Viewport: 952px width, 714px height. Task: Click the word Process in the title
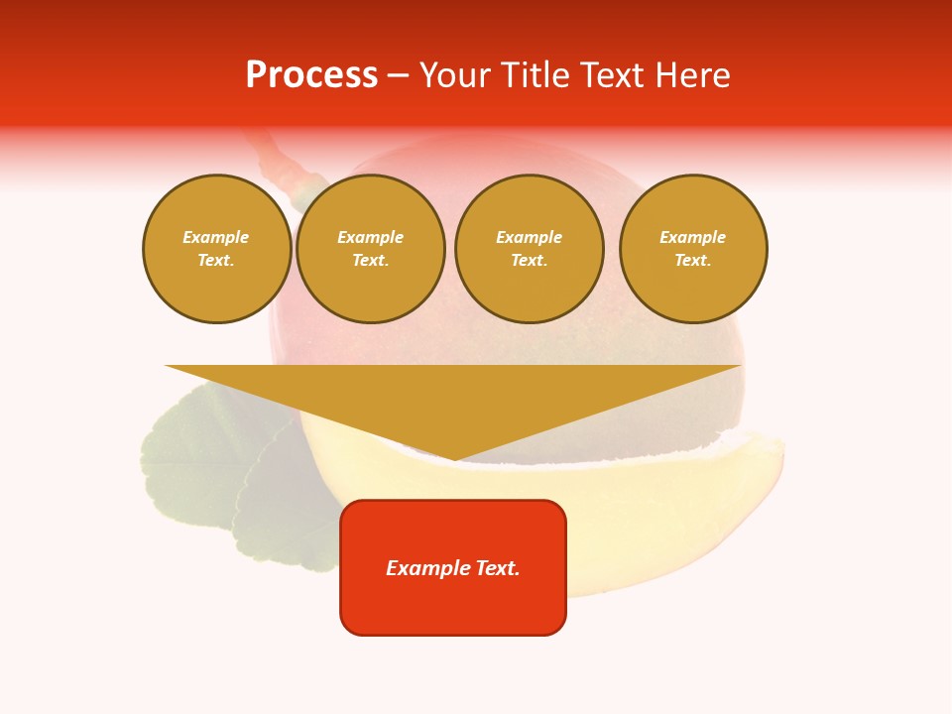coord(311,75)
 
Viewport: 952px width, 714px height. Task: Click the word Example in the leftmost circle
coord(216,237)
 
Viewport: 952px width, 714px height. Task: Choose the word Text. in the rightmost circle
coord(693,260)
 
